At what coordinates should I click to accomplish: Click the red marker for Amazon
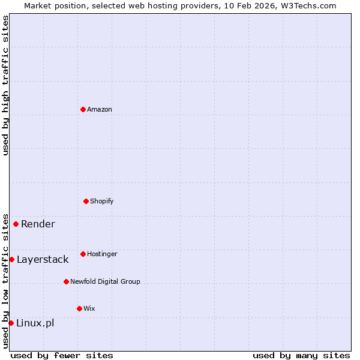[x=83, y=109]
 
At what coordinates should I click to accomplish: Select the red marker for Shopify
[x=86, y=201]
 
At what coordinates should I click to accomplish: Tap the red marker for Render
[x=16, y=224]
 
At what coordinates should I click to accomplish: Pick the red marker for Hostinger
[x=83, y=254]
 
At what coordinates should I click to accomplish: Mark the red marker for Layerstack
[x=11, y=259]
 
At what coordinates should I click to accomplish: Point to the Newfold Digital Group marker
[x=66, y=281]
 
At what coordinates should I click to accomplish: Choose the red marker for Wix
[x=79, y=308]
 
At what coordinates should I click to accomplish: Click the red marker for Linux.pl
[x=11, y=323]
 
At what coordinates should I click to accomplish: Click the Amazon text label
[x=100, y=109]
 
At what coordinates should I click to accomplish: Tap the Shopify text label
[x=102, y=201]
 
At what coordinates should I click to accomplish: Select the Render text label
[x=38, y=224]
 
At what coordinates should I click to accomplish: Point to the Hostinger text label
[x=102, y=254]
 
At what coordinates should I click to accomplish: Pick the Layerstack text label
[x=43, y=259]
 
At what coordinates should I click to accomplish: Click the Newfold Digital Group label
[x=105, y=281]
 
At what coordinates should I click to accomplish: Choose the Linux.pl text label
[x=35, y=323]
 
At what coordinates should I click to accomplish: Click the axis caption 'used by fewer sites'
[x=62, y=355]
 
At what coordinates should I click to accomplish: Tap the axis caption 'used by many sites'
[x=301, y=355]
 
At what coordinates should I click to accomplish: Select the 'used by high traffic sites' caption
[x=5, y=85]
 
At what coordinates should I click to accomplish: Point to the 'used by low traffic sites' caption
[x=5, y=281]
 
